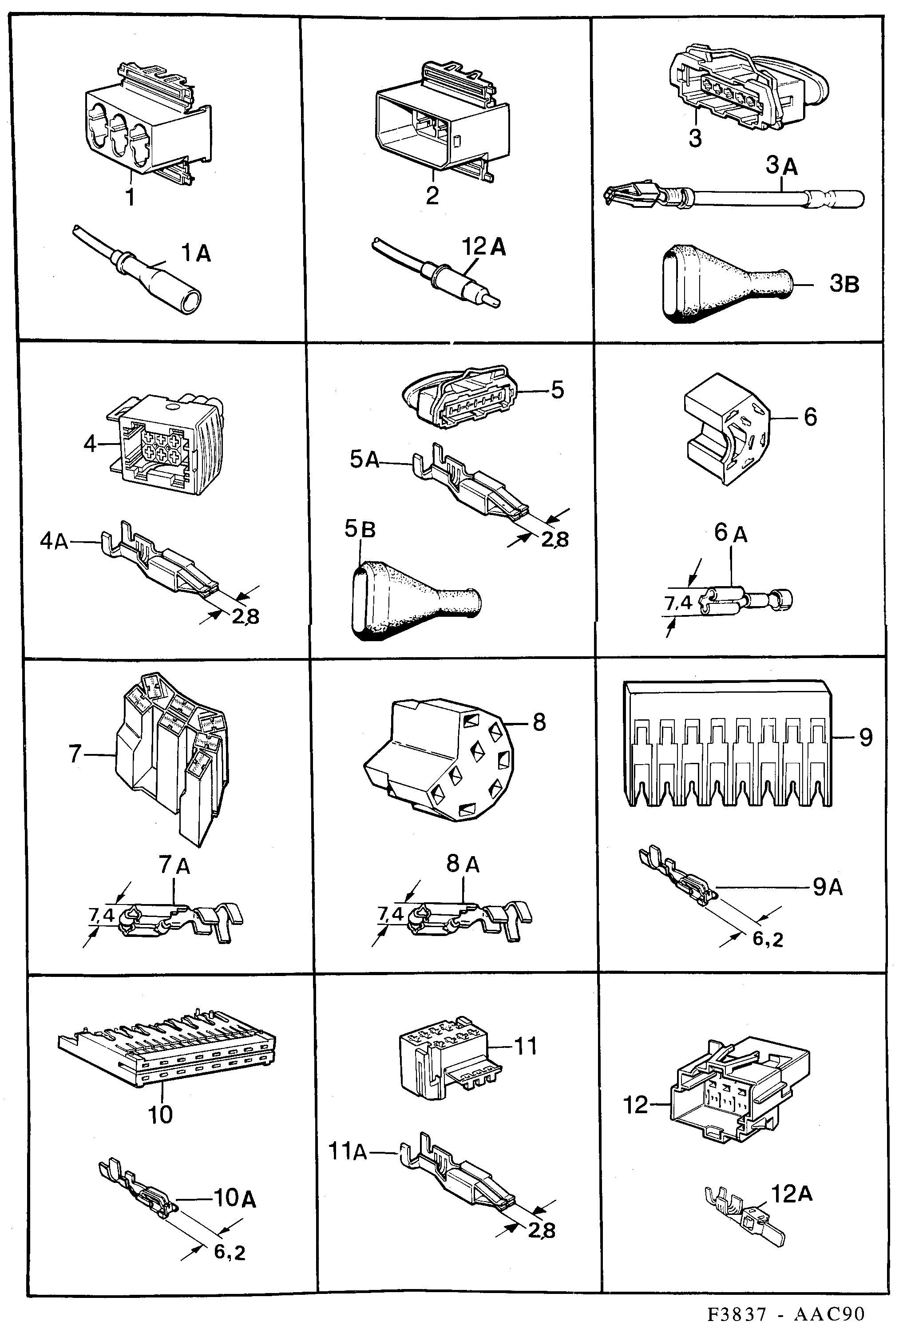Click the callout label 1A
pos(196,253)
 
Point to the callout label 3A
pos(781,166)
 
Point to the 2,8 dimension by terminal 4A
pos(246,616)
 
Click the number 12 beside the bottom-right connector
pos(635,1105)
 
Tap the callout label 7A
pos(174,865)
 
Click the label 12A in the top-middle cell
pos(484,246)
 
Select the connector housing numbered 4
pos(166,444)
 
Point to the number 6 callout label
pos(810,417)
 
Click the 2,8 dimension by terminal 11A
pos(541,1230)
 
